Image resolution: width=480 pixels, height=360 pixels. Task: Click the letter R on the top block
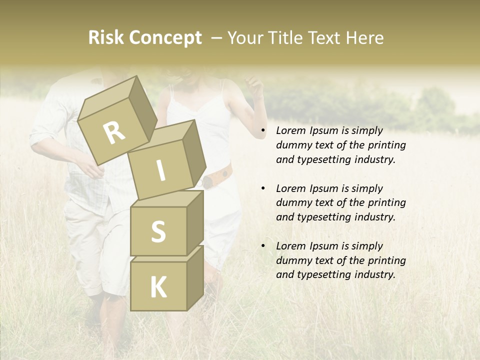114,133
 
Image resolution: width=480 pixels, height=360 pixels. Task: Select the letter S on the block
158,231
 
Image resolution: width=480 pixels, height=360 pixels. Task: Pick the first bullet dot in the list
263,131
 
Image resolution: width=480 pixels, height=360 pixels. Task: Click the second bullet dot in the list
263,188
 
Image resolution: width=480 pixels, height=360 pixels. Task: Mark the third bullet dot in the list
263,246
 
